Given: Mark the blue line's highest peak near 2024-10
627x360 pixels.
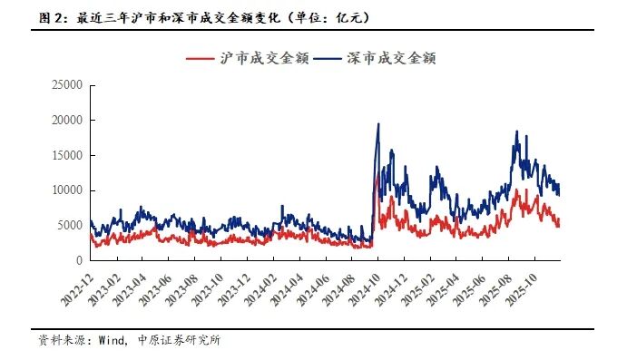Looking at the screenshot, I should (378, 124).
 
